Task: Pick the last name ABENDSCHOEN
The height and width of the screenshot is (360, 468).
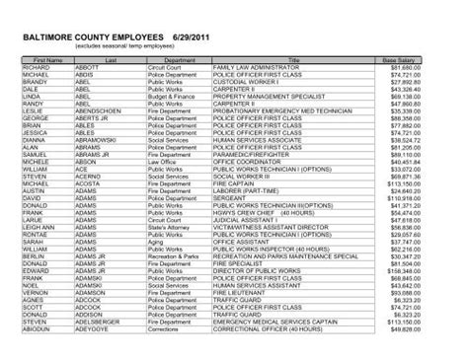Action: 100,110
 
